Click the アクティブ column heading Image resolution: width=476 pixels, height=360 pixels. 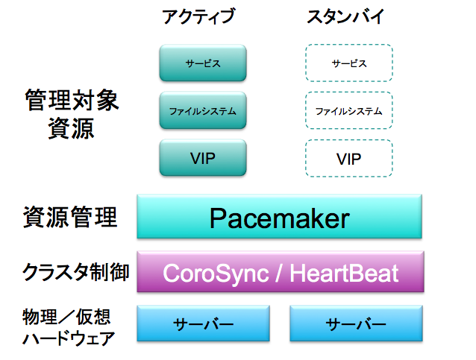click(198, 16)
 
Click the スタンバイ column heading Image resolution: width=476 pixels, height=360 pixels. click(345, 16)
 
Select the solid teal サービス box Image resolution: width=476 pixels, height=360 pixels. click(203, 63)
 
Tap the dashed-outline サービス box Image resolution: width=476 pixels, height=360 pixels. click(349, 63)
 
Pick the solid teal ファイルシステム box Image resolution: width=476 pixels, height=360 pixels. click(203, 111)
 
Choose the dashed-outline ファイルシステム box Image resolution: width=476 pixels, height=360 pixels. click(349, 111)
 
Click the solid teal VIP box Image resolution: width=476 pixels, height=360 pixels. click(203, 158)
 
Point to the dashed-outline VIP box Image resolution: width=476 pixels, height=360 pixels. click(349, 158)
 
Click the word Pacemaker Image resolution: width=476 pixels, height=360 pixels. click(279, 218)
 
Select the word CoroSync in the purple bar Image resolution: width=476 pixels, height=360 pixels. click(216, 273)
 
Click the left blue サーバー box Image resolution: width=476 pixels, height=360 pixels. click(204, 324)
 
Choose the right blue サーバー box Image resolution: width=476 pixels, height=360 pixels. click(356, 324)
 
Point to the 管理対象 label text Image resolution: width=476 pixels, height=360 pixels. click(72, 101)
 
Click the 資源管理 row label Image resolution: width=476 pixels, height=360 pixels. click(71, 218)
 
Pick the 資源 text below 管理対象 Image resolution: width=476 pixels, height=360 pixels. click(72, 128)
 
